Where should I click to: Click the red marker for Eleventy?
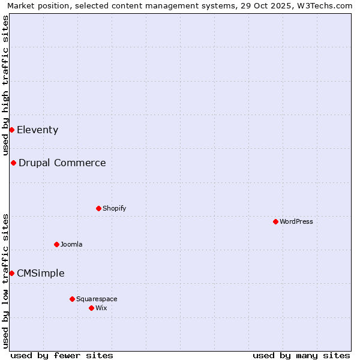[11, 130]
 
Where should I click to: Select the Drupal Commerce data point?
[13, 163]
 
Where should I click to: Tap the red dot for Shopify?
[98, 208]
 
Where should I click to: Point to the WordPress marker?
[275, 221]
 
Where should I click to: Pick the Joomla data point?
[56, 244]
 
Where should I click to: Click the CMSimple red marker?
[11, 273]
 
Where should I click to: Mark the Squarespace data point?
[72, 299]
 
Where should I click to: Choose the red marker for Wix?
[91, 308]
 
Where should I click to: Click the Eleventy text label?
[37, 130]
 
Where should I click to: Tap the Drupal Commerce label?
[62, 163]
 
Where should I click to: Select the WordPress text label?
[296, 221]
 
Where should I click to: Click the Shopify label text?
[114, 208]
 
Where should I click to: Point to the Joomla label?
[71, 244]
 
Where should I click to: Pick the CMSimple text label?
[40, 273]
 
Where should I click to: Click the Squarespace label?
[97, 299]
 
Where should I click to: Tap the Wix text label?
[101, 308]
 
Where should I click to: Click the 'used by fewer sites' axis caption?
[62, 355]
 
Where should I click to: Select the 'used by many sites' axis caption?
[301, 355]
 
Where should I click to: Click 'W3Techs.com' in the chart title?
[326, 6]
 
